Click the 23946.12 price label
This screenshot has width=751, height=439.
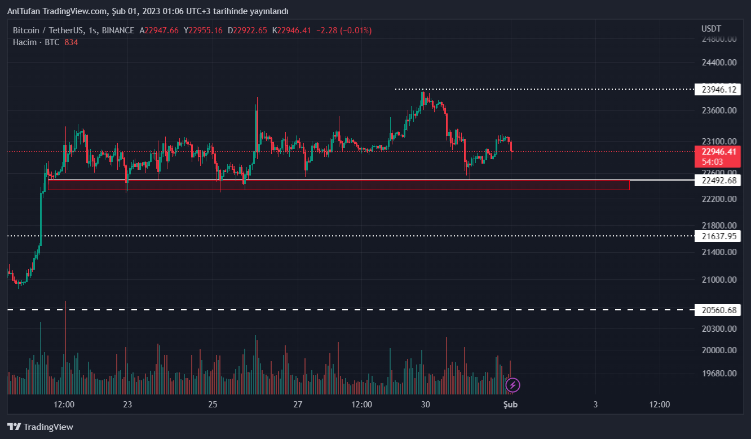click(x=719, y=89)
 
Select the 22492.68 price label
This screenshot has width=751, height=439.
click(x=719, y=181)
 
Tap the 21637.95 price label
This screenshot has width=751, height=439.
click(x=719, y=236)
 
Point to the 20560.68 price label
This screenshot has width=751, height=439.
click(x=719, y=310)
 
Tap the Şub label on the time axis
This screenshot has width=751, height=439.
click(x=511, y=405)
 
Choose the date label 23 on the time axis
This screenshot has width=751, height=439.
click(x=127, y=405)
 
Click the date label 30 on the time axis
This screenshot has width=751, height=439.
click(x=426, y=405)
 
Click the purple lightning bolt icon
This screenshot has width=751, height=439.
click(x=513, y=385)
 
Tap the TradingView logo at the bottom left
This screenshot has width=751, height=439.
click(x=40, y=427)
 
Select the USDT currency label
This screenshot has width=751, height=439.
click(x=711, y=29)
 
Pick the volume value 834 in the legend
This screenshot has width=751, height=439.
click(x=71, y=42)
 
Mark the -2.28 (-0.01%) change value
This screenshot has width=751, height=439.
click(x=343, y=30)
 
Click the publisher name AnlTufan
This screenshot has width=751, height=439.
click(x=24, y=11)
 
